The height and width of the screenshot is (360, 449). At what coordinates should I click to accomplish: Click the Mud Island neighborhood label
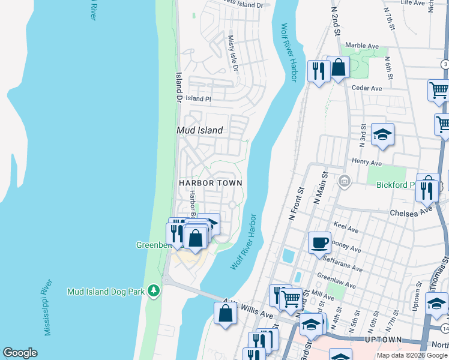pyautogui.click(x=199, y=130)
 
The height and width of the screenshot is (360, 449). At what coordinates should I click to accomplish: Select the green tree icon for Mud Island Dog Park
pyautogui.click(x=154, y=290)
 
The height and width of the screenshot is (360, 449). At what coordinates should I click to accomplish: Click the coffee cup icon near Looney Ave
pyautogui.click(x=319, y=242)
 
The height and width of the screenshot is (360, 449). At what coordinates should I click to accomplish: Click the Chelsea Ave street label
pyautogui.click(x=410, y=212)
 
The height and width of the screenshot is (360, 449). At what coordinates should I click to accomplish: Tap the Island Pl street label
pyautogui.click(x=198, y=98)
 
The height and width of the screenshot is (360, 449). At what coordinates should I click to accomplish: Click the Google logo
pyautogui.click(x=20, y=353)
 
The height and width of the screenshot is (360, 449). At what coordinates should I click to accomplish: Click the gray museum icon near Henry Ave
pyautogui.click(x=345, y=181)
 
